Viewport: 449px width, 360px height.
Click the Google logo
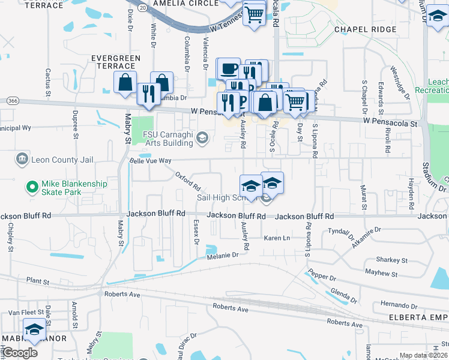pyautogui.click(x=20, y=353)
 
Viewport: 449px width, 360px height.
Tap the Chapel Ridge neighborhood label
pyautogui.click(x=365, y=29)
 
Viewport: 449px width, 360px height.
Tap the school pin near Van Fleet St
pyautogui.click(x=35, y=329)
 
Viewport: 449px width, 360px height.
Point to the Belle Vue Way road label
pyautogui.click(x=151, y=161)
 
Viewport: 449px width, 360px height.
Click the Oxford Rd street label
pyautogui.click(x=187, y=179)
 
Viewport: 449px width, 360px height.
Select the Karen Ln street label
pyautogui.click(x=278, y=238)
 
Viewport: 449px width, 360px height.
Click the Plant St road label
pyautogui.click(x=38, y=280)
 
